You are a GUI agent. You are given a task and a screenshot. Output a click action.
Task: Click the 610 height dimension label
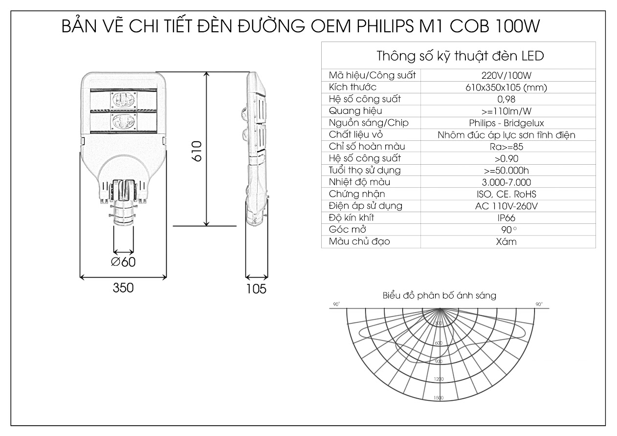[x=197, y=151]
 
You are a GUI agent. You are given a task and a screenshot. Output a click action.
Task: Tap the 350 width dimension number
[x=123, y=288]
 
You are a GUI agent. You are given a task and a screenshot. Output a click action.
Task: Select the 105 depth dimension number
[x=256, y=289]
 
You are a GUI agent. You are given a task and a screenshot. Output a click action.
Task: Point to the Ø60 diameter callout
[x=123, y=262]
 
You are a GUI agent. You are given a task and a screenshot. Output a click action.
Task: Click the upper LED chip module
[x=124, y=100]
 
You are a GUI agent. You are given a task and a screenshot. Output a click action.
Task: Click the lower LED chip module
[x=124, y=121]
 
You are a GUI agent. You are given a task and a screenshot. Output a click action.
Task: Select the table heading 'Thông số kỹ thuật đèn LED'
[x=460, y=56]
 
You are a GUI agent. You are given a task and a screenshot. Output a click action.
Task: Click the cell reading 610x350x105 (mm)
[x=507, y=87]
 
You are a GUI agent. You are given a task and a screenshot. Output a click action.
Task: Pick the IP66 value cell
[x=507, y=218]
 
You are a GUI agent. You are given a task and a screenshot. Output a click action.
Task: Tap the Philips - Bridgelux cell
[x=507, y=123]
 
